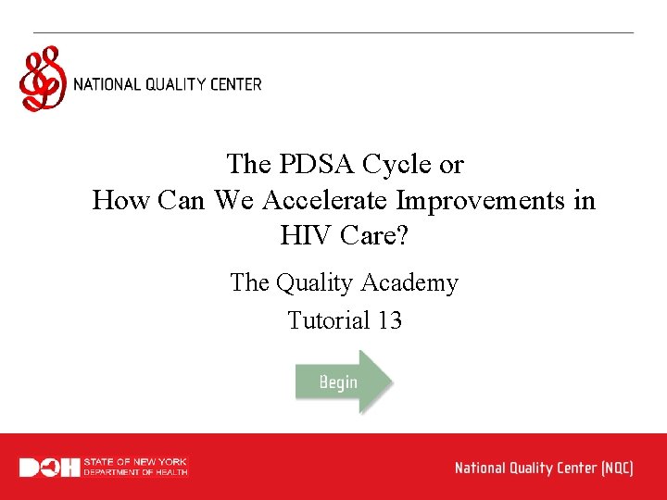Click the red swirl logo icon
(43, 81)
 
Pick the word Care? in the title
(374, 236)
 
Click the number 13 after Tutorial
(389, 320)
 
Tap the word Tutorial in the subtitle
(329, 320)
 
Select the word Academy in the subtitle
(413, 282)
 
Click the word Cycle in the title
(397, 165)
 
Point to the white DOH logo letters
(49, 468)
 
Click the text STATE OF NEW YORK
(135, 461)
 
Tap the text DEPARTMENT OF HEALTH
(135, 472)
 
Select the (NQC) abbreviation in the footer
(616, 468)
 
